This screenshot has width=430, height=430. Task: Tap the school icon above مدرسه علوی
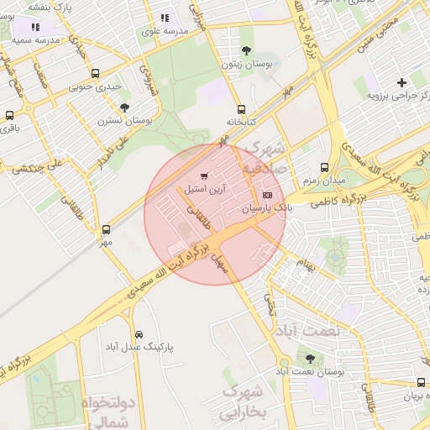point(164,17)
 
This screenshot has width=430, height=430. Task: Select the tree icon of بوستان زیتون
point(245,50)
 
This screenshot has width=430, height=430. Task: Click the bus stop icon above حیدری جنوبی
point(95,73)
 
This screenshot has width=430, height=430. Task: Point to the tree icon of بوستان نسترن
point(125,107)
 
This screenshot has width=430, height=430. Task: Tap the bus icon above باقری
point(9,116)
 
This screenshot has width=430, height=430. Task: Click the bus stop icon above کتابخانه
point(242,109)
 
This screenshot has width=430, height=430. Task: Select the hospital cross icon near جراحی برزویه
point(402,82)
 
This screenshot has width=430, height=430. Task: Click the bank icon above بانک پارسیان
point(268,195)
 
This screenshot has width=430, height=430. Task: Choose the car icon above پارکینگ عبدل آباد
point(139,333)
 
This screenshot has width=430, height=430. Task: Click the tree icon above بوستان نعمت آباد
point(310,359)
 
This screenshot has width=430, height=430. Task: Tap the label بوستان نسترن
point(125,121)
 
